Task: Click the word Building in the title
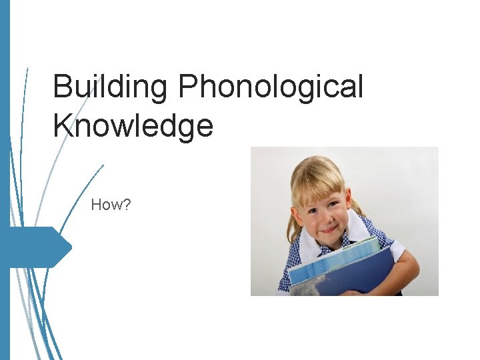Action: click(107, 88)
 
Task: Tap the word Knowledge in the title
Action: click(133, 125)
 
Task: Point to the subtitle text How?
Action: click(111, 205)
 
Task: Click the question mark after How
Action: click(127, 205)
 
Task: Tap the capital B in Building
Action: click(62, 87)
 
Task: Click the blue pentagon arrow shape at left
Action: click(40, 247)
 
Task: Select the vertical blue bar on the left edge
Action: click(5, 180)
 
